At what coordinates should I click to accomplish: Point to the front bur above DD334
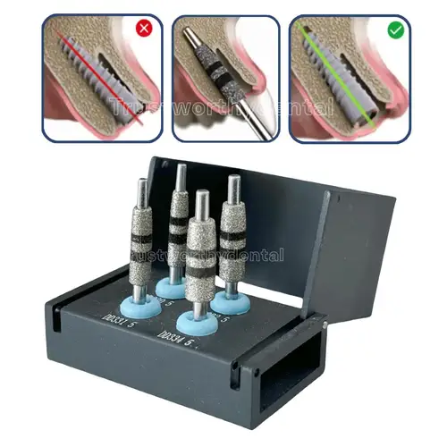click(x=199, y=259)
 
